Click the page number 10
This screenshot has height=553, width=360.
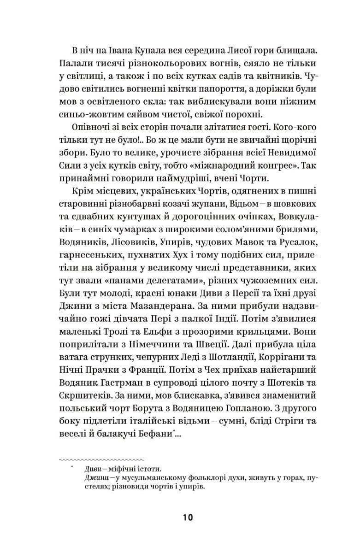coord(188,518)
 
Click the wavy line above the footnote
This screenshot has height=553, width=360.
coord(102,459)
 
